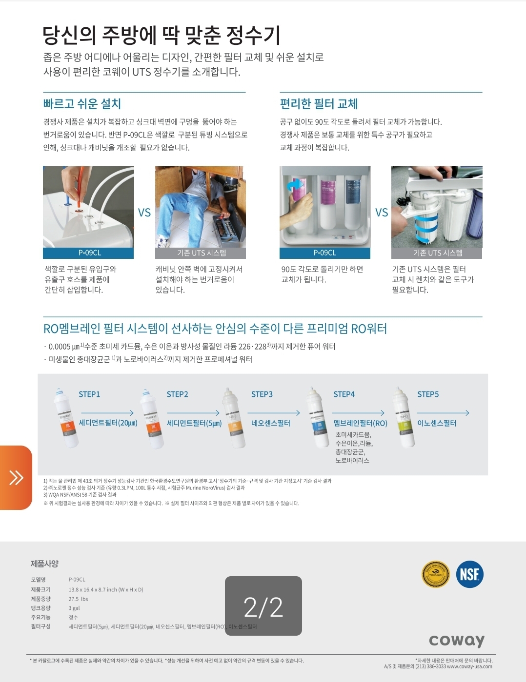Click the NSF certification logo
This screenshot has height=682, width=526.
click(469, 574)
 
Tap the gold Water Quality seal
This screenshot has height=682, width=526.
click(435, 574)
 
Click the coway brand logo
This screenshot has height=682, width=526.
click(457, 640)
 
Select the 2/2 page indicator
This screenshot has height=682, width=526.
click(263, 606)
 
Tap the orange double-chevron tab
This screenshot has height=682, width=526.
click(16, 477)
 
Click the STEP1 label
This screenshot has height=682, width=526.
click(89, 394)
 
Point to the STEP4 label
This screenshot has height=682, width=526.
click(344, 394)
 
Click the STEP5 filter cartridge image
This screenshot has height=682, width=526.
click(405, 417)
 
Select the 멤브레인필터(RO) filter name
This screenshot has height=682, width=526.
click(360, 423)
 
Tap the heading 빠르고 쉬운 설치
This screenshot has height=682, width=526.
click(82, 104)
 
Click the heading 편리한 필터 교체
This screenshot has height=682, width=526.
click(319, 104)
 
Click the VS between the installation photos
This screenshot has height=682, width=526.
click(144, 213)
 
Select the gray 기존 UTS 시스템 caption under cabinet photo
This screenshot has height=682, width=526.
click(201, 253)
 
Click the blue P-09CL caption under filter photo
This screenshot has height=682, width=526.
click(324, 253)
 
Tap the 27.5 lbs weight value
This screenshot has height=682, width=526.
click(78, 599)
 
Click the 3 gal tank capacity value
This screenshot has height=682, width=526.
click(74, 608)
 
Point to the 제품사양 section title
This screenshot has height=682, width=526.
click(44, 564)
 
